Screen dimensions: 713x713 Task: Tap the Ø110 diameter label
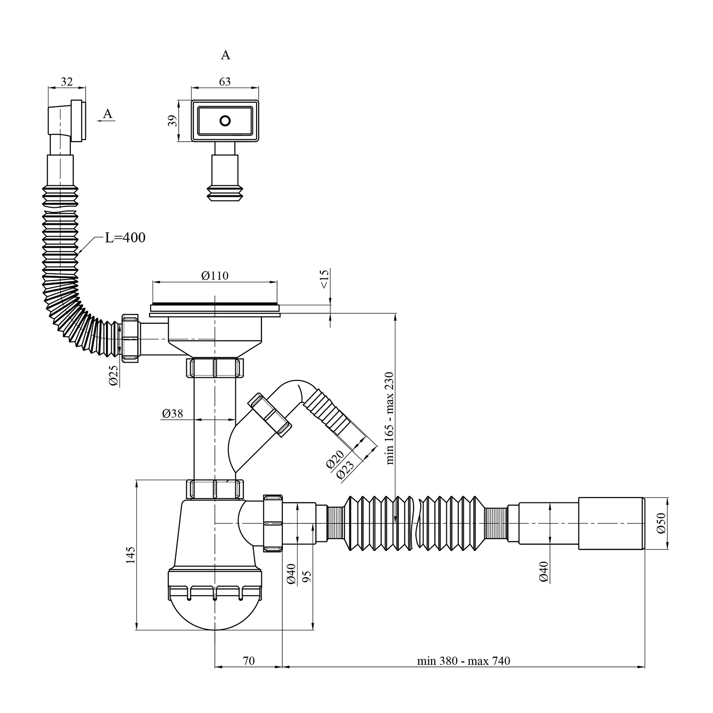(214, 276)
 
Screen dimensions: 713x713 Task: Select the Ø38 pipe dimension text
(172, 414)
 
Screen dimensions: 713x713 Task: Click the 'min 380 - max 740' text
(463, 661)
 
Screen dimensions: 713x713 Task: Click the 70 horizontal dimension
(249, 661)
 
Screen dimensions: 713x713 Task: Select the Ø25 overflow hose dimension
(114, 376)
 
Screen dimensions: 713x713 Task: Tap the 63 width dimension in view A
(225, 82)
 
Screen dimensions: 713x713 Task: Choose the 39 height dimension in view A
(173, 121)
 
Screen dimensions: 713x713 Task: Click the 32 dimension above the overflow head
(67, 82)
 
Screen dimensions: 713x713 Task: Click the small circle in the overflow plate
(225, 121)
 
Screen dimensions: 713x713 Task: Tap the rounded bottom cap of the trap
(215, 613)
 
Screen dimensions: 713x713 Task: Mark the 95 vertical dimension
(307, 576)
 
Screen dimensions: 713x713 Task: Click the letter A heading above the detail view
(225, 55)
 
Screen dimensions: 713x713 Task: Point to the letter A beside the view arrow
(108, 114)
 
